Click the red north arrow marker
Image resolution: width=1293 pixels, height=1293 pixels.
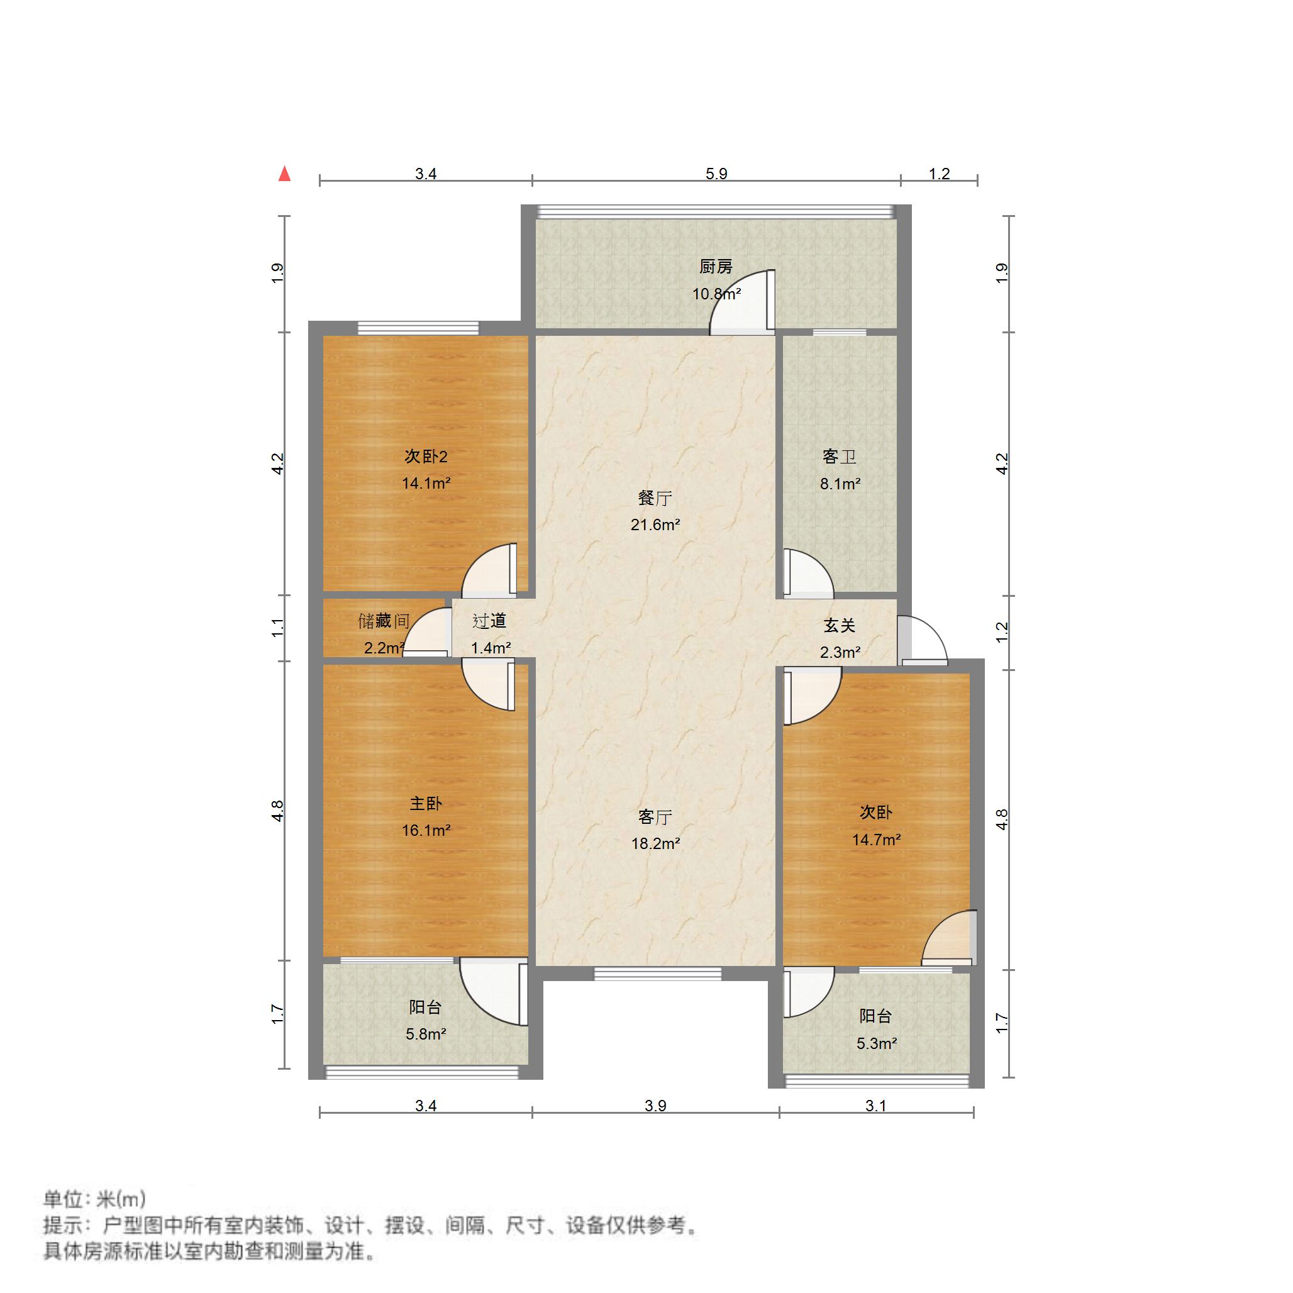coord(284,174)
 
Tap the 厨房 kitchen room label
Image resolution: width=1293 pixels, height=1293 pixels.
coord(716,267)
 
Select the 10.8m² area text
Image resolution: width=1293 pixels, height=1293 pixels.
coord(716,294)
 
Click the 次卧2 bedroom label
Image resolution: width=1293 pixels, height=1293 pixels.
coord(426,457)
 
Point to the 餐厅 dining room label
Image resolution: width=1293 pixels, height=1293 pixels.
coord(655,498)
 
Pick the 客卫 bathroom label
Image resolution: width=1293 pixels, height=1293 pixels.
coord(839,457)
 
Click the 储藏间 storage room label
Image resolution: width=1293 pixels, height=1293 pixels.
coord(384,621)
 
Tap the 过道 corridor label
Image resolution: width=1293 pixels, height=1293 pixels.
coord(489,621)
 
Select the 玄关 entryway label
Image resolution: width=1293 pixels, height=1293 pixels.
coord(839,626)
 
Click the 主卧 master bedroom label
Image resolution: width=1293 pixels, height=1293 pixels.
coord(426,803)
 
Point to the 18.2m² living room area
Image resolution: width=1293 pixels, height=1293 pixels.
coord(655,844)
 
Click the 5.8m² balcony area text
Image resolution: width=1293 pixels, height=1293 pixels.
coord(426,1034)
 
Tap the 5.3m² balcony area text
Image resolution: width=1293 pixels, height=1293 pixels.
coord(876,1043)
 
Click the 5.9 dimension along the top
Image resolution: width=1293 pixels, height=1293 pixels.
coord(716,174)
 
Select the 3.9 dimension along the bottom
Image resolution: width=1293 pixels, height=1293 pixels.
coord(655,1106)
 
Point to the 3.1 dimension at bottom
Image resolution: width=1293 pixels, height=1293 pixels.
coord(875,1106)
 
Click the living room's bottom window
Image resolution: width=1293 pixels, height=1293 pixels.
coord(657,974)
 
